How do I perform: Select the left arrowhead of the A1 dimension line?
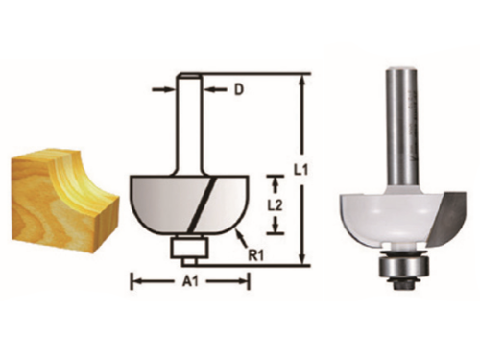point(135,281)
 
